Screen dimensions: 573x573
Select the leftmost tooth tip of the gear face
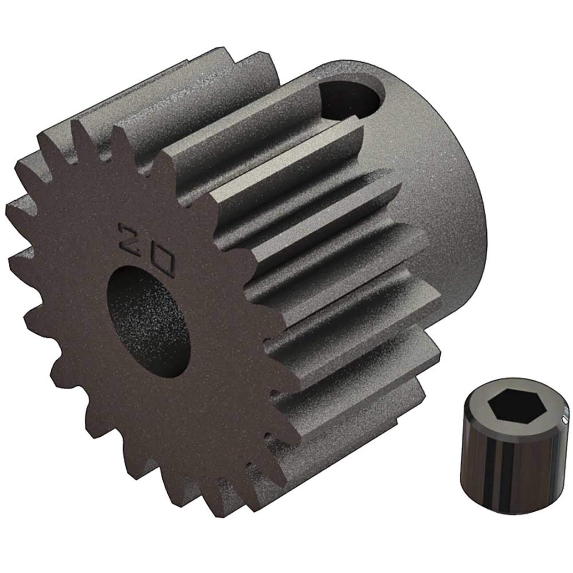9,208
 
